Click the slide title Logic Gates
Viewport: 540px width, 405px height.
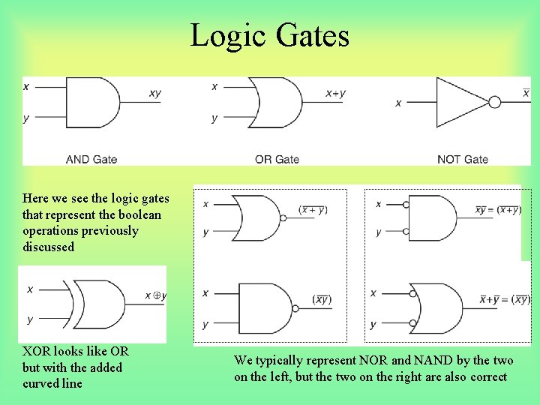[x=269, y=35]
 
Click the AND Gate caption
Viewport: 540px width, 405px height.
[x=91, y=159]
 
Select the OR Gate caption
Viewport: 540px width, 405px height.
[x=277, y=159]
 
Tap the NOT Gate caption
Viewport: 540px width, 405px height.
[x=462, y=159]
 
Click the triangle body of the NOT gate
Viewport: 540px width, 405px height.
[x=459, y=103]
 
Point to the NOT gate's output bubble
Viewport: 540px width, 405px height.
[x=494, y=103]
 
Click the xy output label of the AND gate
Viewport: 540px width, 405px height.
[x=154, y=93]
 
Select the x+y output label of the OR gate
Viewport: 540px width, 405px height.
[x=335, y=93]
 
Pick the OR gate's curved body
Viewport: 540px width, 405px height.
[x=275, y=102]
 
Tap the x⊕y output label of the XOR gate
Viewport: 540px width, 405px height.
[x=156, y=296]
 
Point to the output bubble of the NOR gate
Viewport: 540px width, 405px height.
[x=283, y=217]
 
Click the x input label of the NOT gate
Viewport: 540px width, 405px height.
[x=398, y=103]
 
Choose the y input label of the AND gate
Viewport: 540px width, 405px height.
[x=27, y=118]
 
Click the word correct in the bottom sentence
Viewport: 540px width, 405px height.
[x=488, y=377]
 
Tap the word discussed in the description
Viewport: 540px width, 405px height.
[x=49, y=247]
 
